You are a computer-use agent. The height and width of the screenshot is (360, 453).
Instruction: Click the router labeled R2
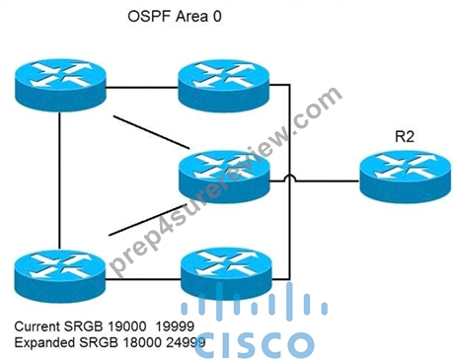pos(405,177)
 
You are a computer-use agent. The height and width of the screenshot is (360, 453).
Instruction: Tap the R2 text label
pos(405,136)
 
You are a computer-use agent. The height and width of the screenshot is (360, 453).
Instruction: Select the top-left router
pos(60,85)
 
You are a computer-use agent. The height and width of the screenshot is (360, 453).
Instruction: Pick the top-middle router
pos(224,85)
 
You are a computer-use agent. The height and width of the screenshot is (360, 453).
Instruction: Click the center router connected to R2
pos(225,177)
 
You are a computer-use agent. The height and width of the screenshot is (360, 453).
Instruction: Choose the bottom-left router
pos(60,275)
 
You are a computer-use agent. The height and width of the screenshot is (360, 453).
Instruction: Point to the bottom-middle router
pos(227,273)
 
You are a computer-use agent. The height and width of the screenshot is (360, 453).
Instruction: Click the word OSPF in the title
pos(149,17)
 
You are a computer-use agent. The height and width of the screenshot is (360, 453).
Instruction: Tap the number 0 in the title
pos(217,17)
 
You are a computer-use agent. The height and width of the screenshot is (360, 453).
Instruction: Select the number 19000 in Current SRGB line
pos(127,326)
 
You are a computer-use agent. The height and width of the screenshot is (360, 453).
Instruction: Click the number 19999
pos(175,326)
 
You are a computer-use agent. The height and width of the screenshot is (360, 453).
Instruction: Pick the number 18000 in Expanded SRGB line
pos(143,342)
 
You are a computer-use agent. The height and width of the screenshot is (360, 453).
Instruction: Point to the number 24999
pos(186,342)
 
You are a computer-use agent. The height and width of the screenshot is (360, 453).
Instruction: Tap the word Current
pos(38,326)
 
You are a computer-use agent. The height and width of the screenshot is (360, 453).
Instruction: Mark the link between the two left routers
pos(60,180)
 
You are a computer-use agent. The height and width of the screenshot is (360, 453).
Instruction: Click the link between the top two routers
pos(142,88)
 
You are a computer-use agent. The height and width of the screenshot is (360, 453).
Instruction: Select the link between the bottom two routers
pos(143,280)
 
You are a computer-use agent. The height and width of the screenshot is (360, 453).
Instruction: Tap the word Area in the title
pos(191,17)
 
